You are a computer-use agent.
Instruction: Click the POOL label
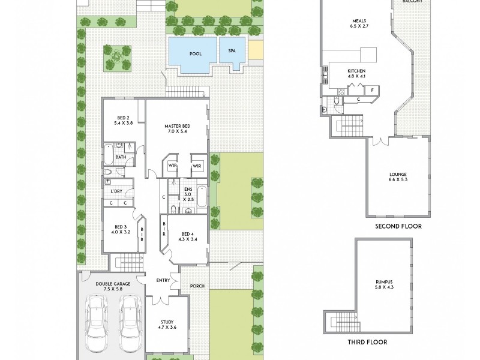(x=195, y=53)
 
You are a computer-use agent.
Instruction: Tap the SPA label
(x=232, y=52)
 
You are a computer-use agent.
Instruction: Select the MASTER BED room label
(x=177, y=126)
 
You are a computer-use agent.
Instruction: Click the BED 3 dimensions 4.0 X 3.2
(x=122, y=231)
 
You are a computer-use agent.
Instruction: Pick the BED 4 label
(x=188, y=234)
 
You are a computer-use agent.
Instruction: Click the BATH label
(x=121, y=158)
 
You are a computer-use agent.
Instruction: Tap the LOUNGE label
(x=398, y=175)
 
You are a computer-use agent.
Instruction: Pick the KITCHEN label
(x=356, y=71)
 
